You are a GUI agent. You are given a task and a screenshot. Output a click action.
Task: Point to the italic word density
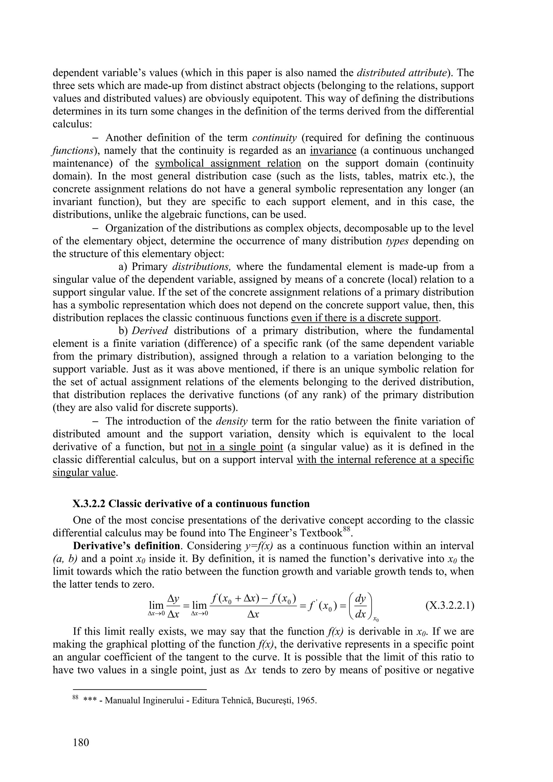tap(232, 421)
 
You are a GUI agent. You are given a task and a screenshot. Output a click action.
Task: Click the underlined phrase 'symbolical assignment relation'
tap(228, 164)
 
